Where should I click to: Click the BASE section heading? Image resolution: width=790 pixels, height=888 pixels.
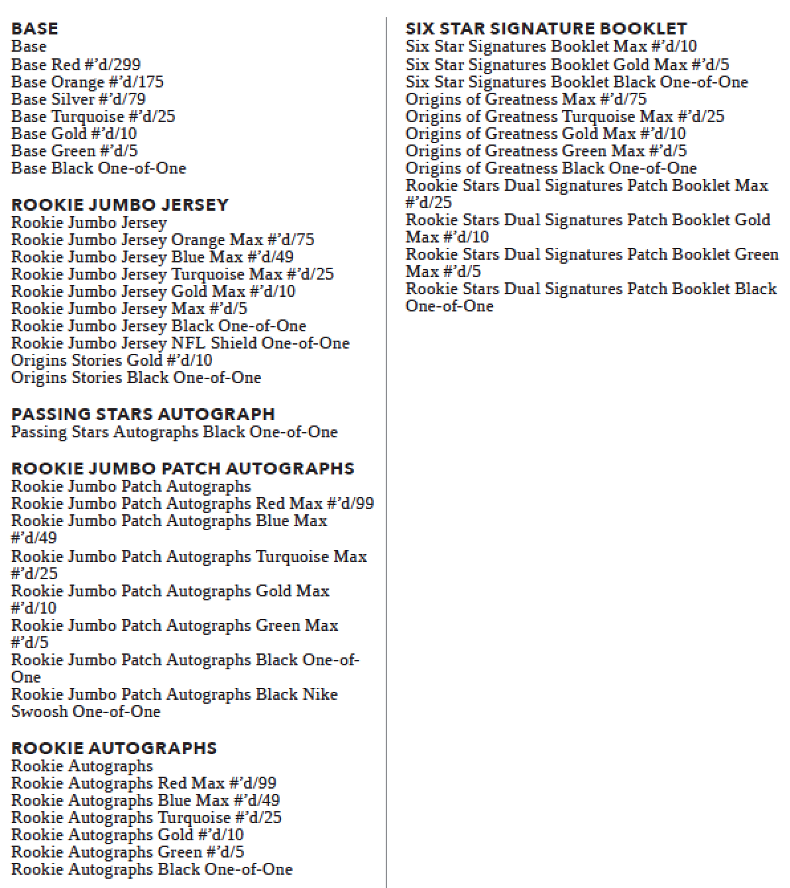(x=34, y=28)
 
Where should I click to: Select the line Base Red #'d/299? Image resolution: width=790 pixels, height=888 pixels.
(x=76, y=64)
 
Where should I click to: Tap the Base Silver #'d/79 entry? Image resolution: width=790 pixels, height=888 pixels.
(x=78, y=99)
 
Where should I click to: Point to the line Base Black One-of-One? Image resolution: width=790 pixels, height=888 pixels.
(x=98, y=168)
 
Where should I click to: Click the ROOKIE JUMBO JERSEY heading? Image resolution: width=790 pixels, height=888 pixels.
(x=120, y=205)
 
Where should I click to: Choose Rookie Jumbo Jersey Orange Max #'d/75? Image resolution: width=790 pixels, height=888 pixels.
(x=162, y=239)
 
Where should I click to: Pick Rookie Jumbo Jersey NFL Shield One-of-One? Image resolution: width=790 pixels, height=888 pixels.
(x=180, y=343)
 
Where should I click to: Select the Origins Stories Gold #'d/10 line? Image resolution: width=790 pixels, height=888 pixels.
(x=111, y=360)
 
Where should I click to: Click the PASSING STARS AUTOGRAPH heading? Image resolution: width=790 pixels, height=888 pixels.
(x=142, y=414)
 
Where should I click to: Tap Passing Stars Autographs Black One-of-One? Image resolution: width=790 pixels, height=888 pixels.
(x=174, y=431)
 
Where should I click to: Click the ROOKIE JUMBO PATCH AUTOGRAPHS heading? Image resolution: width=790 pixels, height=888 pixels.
(x=182, y=469)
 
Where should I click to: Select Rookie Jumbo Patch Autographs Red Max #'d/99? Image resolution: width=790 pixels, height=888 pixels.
(x=192, y=503)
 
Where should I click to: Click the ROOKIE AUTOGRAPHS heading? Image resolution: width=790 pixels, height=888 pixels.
(x=114, y=748)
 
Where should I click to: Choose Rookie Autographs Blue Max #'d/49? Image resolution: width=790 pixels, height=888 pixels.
(x=145, y=800)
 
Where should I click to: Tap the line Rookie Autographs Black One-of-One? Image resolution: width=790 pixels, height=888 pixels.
(x=152, y=869)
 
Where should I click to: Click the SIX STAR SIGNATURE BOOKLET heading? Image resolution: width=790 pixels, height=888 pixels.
(x=546, y=28)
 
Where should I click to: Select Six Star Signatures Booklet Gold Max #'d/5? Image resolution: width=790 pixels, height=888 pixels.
(x=567, y=64)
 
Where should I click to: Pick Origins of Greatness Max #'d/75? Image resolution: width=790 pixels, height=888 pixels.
(x=526, y=99)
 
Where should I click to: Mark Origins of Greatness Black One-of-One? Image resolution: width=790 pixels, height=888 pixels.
(x=551, y=168)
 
